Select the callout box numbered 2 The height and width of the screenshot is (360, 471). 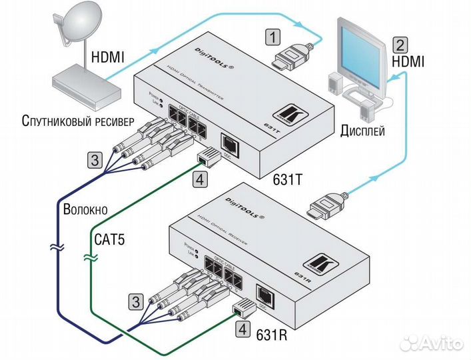pyautogui.click(x=399, y=45)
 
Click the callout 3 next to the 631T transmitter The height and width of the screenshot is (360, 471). pyautogui.click(x=96, y=159)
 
